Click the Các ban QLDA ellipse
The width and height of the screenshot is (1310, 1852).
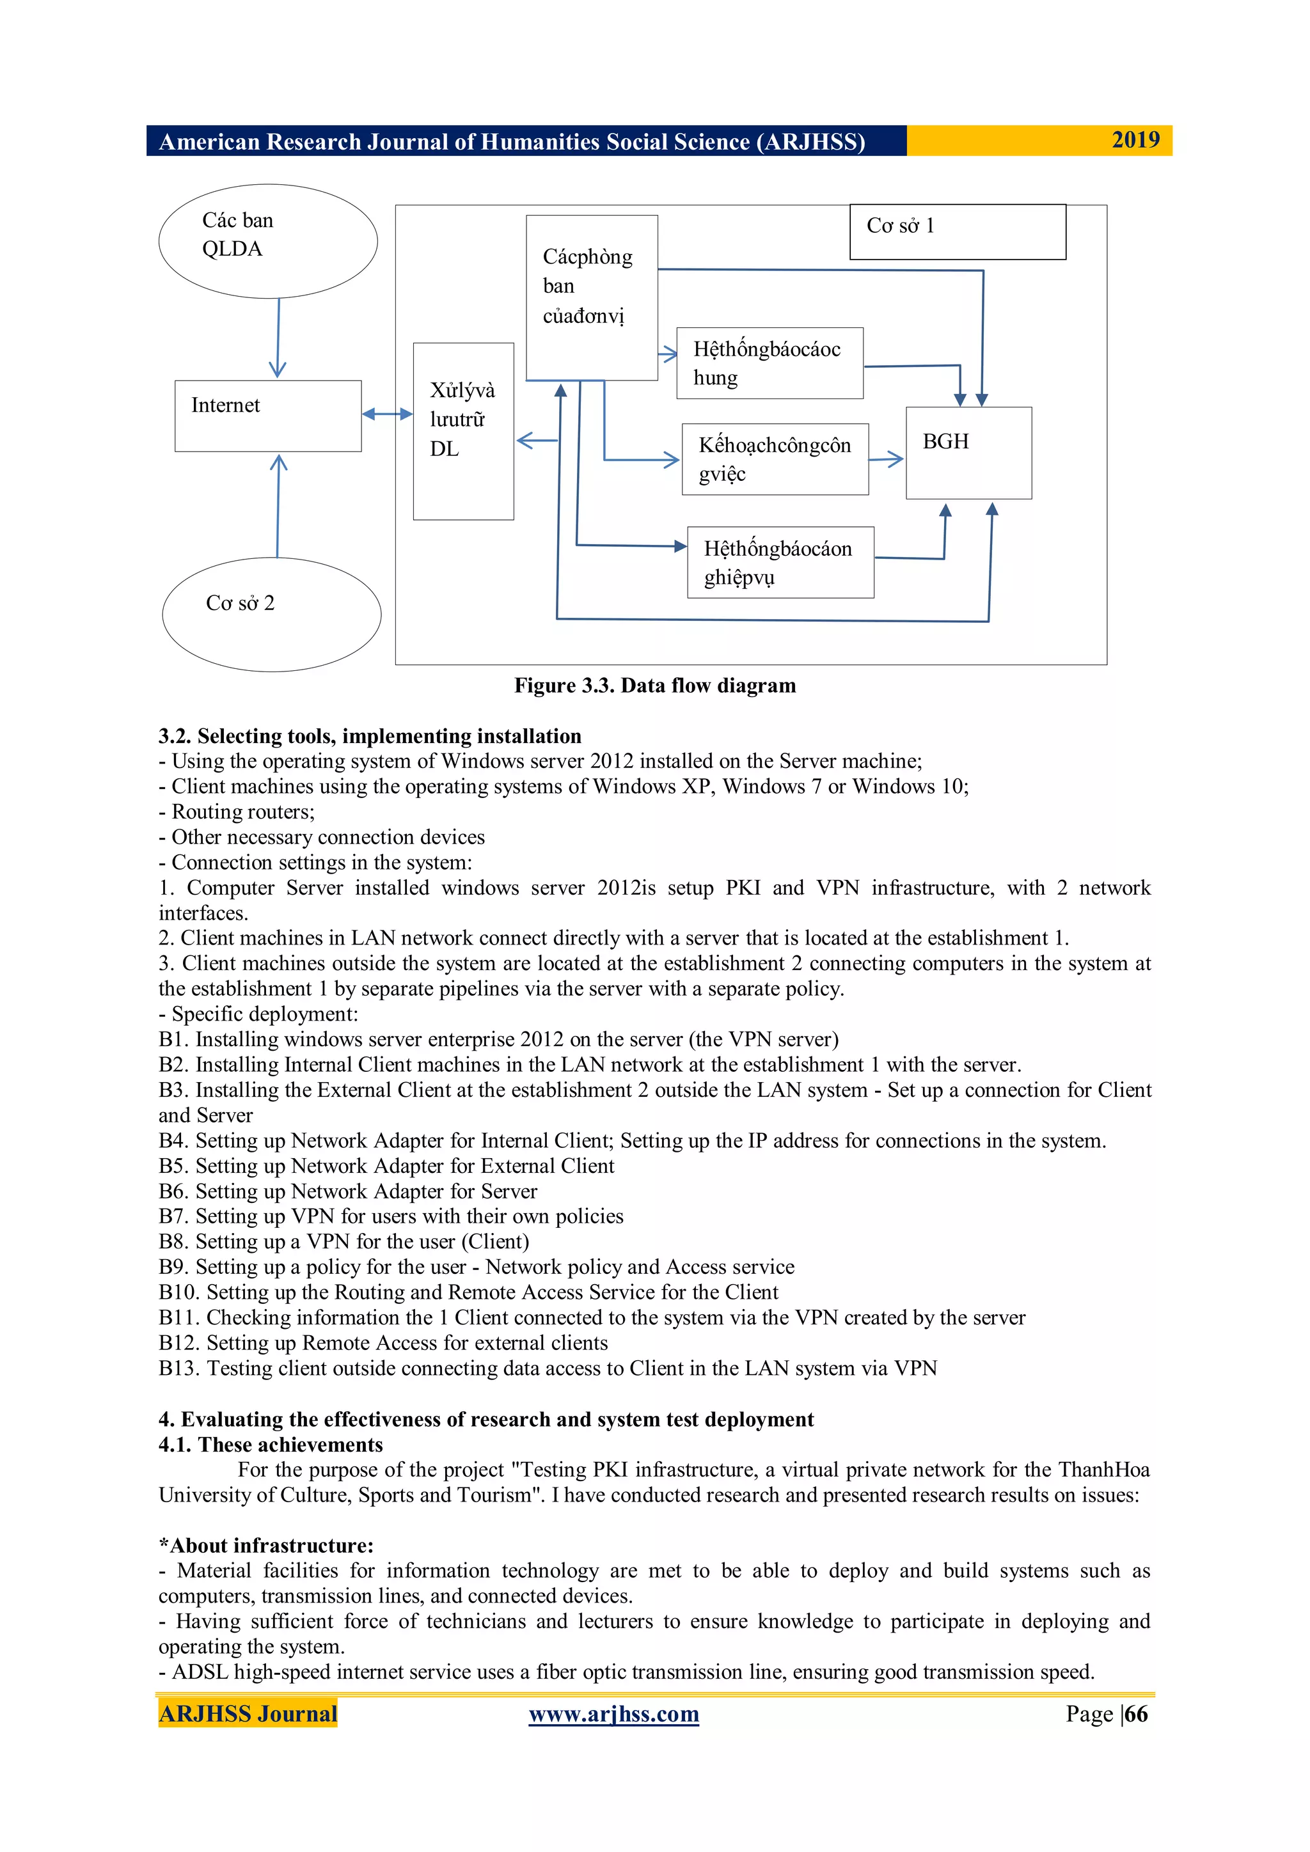(268, 241)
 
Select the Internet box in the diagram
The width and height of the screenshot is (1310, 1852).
(268, 416)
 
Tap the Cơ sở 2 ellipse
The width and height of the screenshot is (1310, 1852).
(272, 614)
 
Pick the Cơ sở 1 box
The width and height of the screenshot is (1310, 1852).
(958, 231)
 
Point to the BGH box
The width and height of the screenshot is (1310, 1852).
(968, 453)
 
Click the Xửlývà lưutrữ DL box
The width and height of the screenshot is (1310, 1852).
(463, 431)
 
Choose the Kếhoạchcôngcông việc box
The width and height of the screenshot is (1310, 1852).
(775, 459)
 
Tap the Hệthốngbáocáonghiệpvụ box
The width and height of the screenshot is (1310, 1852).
(780, 562)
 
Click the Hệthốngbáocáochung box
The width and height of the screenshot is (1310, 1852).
(769, 363)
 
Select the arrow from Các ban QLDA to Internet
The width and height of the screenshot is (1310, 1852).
(278, 338)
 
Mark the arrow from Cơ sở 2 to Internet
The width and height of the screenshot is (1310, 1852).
(278, 506)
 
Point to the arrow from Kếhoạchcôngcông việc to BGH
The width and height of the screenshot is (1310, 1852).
(886, 460)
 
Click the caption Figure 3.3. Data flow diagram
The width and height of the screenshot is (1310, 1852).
(655, 686)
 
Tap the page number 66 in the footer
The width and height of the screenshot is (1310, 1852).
(1136, 1713)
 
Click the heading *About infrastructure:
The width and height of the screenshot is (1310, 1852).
(266, 1546)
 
